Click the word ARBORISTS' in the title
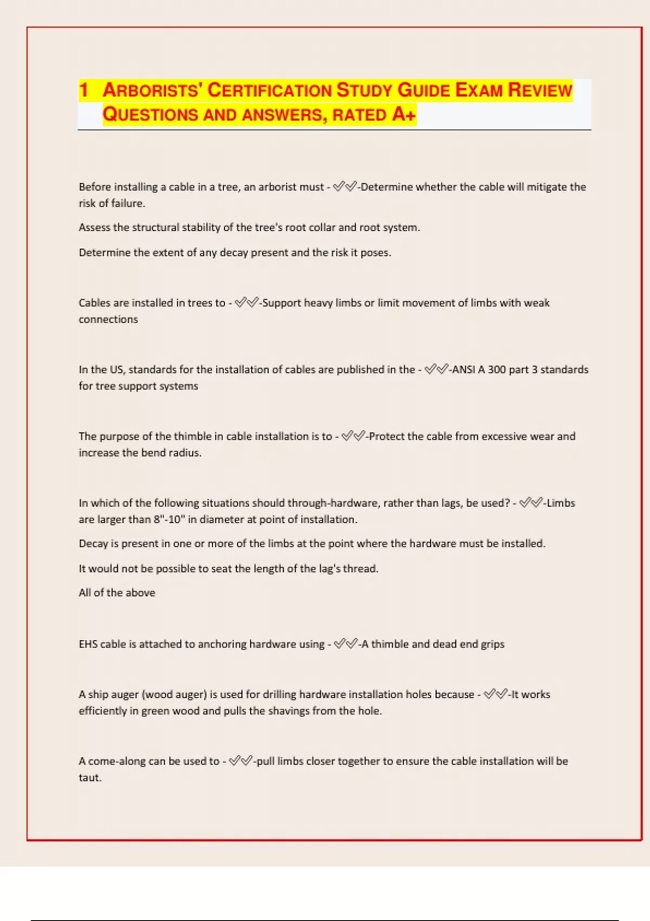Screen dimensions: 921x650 (152, 90)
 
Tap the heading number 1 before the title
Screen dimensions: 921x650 (83, 90)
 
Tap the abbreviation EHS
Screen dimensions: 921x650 (88, 644)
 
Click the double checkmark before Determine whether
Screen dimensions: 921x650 (344, 187)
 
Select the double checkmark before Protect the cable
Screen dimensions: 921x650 (353, 436)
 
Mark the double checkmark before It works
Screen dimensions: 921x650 (495, 694)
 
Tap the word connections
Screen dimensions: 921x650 (108, 320)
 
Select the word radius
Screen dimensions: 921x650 (187, 453)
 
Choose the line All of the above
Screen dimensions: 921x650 (117, 593)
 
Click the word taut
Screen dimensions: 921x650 (89, 778)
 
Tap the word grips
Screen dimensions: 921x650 (492, 644)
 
